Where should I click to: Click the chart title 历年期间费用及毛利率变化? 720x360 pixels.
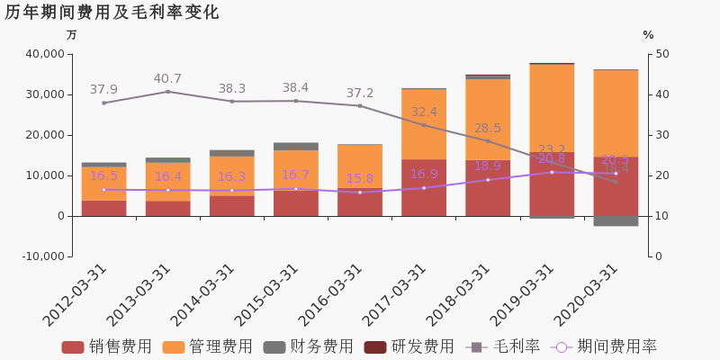tap(112, 13)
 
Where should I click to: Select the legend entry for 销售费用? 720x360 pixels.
tap(107, 347)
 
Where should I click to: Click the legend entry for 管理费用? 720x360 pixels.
tap(208, 347)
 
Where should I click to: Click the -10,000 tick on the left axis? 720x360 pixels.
tap(40, 256)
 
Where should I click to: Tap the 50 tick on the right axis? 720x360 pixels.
tap(661, 54)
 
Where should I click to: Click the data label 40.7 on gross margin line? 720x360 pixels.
tap(167, 79)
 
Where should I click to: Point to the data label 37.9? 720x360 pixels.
tap(103, 90)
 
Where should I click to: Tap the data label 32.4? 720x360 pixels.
tap(424, 112)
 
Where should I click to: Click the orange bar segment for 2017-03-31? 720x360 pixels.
tap(424, 124)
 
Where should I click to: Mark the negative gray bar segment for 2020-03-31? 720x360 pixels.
tap(616, 220)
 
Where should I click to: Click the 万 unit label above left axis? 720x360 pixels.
tap(72, 35)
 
